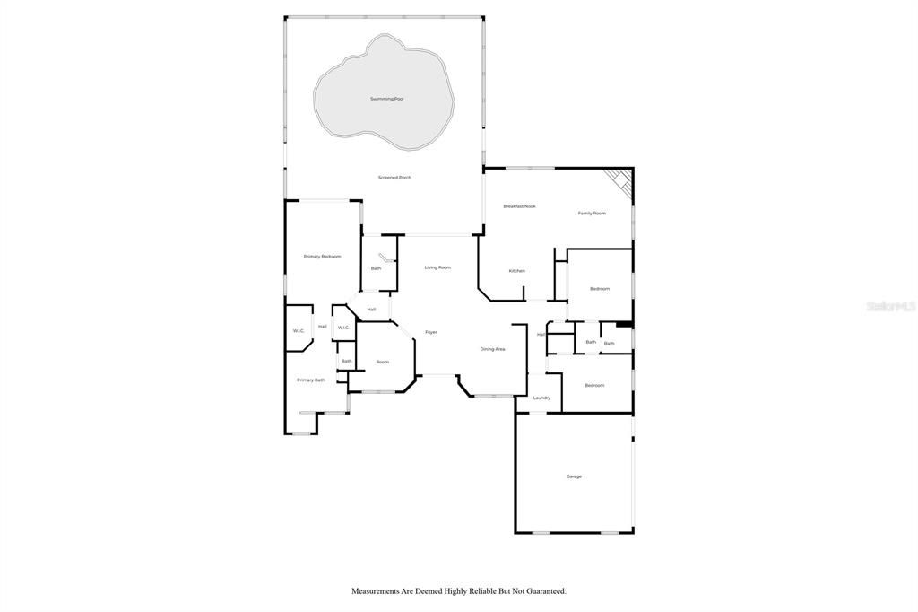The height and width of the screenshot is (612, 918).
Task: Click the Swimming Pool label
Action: point(386,99)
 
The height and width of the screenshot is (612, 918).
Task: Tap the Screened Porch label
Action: point(394,178)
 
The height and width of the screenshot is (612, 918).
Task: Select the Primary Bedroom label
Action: point(322,257)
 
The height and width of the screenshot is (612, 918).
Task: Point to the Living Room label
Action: point(437,267)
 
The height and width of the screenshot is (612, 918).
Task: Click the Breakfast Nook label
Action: point(519,206)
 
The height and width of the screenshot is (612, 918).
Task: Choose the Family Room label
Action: point(592,214)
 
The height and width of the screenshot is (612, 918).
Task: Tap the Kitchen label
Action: point(516,271)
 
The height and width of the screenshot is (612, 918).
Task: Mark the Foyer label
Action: point(431,333)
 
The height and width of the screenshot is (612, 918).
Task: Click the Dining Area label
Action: point(492,349)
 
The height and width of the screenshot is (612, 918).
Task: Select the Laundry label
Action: point(541,398)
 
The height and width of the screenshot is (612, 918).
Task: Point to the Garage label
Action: point(574,476)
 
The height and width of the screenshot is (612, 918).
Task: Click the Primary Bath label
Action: point(311,380)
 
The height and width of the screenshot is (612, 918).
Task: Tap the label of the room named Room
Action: point(383,362)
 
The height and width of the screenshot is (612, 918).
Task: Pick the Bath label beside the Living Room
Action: point(376,268)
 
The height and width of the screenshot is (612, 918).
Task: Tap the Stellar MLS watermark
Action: point(891,306)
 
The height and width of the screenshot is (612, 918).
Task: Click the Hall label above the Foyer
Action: point(371,310)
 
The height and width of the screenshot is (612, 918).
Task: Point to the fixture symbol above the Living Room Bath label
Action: point(384,258)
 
